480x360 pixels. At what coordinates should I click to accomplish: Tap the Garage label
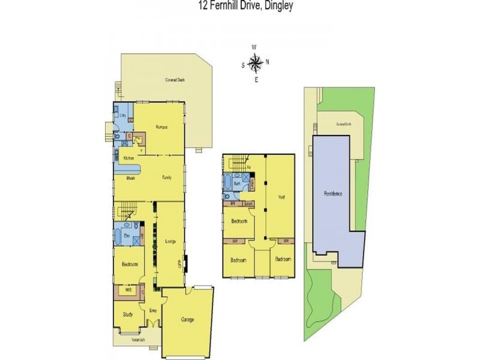[187, 320]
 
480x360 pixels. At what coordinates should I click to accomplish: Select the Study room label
[127, 314]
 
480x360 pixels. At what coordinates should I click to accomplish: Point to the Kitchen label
[128, 158]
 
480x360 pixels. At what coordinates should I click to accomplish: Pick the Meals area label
[130, 178]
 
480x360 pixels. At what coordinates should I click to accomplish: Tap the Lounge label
[169, 241]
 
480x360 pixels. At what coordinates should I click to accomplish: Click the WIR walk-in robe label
[128, 290]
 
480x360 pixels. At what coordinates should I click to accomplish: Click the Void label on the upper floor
[281, 197]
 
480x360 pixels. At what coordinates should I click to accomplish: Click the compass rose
[255, 62]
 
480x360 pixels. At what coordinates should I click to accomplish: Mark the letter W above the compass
[254, 47]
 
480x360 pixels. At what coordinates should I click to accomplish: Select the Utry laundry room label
[122, 115]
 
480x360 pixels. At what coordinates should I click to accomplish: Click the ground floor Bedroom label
[130, 265]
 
